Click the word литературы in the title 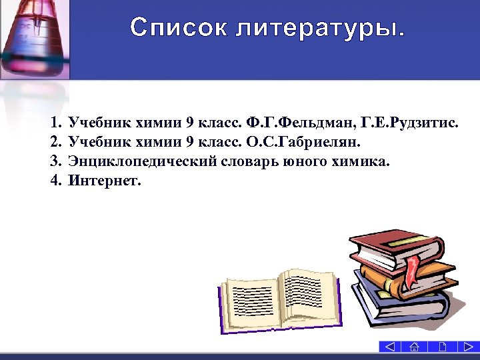(313, 28)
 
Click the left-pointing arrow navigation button (389, 347)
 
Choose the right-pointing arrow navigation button (469, 347)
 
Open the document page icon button (443, 347)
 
